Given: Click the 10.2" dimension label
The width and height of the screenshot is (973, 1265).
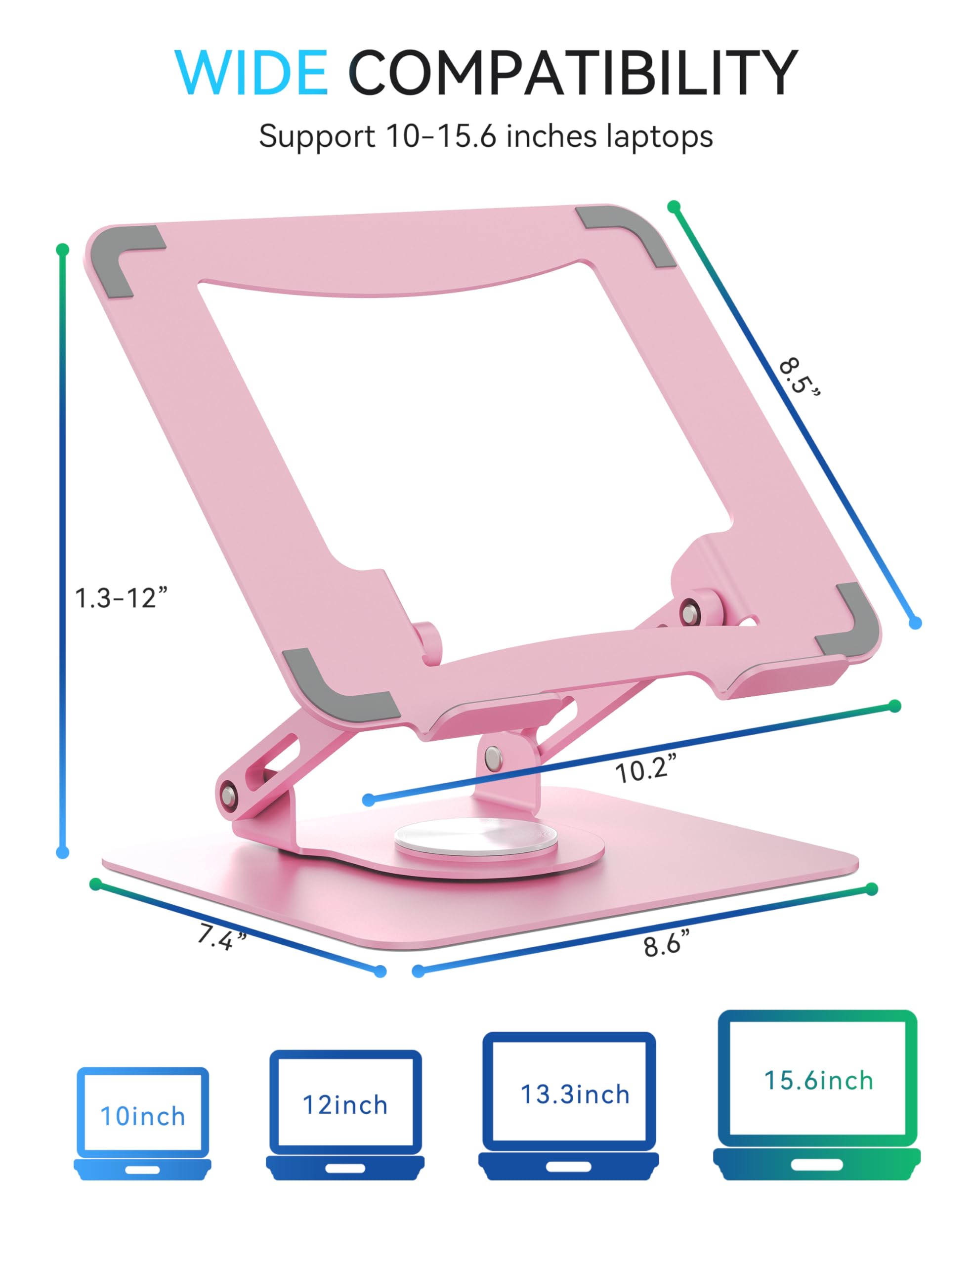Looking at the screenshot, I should click(x=644, y=770).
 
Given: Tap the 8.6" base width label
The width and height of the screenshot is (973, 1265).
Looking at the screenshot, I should click(x=666, y=945).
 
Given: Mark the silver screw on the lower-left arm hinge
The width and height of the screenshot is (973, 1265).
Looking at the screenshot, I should click(x=228, y=795).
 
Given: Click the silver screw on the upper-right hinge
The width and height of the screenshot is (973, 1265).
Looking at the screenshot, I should click(x=689, y=612).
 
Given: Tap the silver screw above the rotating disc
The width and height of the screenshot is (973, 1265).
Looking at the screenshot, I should click(x=493, y=757).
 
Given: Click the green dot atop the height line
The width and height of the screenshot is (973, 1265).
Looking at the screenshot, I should click(x=63, y=250).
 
